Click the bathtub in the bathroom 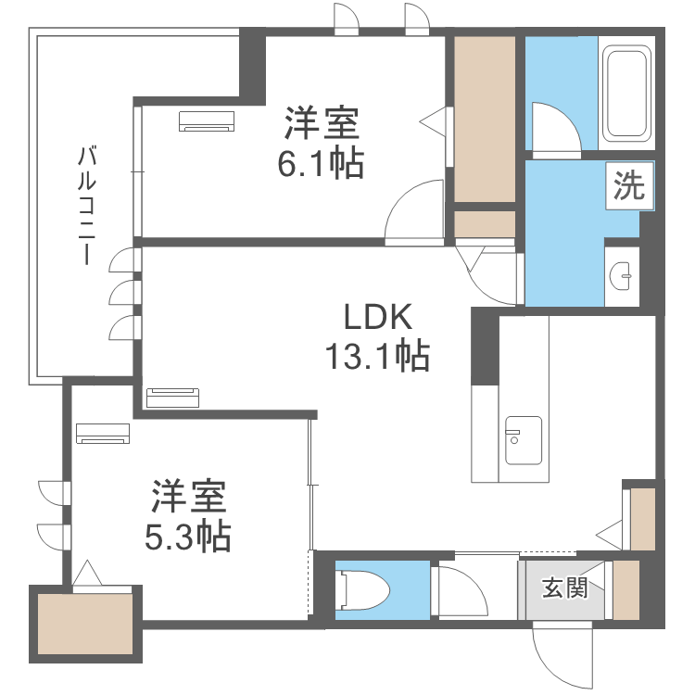click(626, 93)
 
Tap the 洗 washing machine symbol click(629, 185)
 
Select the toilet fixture click(362, 590)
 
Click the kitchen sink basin click(523, 440)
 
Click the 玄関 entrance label click(564, 588)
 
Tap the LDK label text click(378, 317)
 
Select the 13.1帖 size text click(377, 356)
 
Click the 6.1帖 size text click(321, 163)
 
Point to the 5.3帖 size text click(188, 537)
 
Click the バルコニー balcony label click(87, 205)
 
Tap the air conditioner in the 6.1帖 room click(207, 121)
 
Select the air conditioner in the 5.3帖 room click(103, 434)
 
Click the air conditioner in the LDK click(173, 398)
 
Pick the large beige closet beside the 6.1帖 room click(485, 119)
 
